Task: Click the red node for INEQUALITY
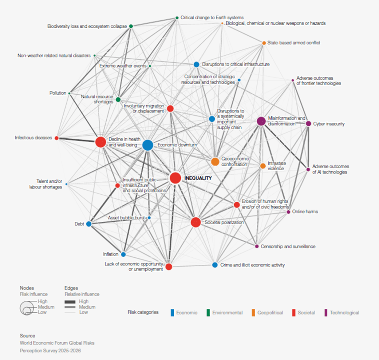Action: click(175, 178)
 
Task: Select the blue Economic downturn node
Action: click(148, 145)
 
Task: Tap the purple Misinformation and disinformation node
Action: click(261, 121)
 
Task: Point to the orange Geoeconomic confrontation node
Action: click(215, 162)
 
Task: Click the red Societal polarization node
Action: click(196, 222)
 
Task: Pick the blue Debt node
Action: click(89, 224)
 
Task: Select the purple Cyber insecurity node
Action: click(308, 123)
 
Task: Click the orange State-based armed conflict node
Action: click(264, 43)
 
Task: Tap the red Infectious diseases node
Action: click(57, 138)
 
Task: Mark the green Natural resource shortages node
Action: click(118, 99)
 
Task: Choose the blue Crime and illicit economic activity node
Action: click(215, 265)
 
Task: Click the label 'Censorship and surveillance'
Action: click(288, 246)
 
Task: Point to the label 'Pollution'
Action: click(57, 93)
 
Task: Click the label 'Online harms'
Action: click(305, 212)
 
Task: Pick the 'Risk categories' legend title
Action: click(143, 312)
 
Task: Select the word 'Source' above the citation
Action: click(27, 336)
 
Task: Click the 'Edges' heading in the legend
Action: click(71, 288)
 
